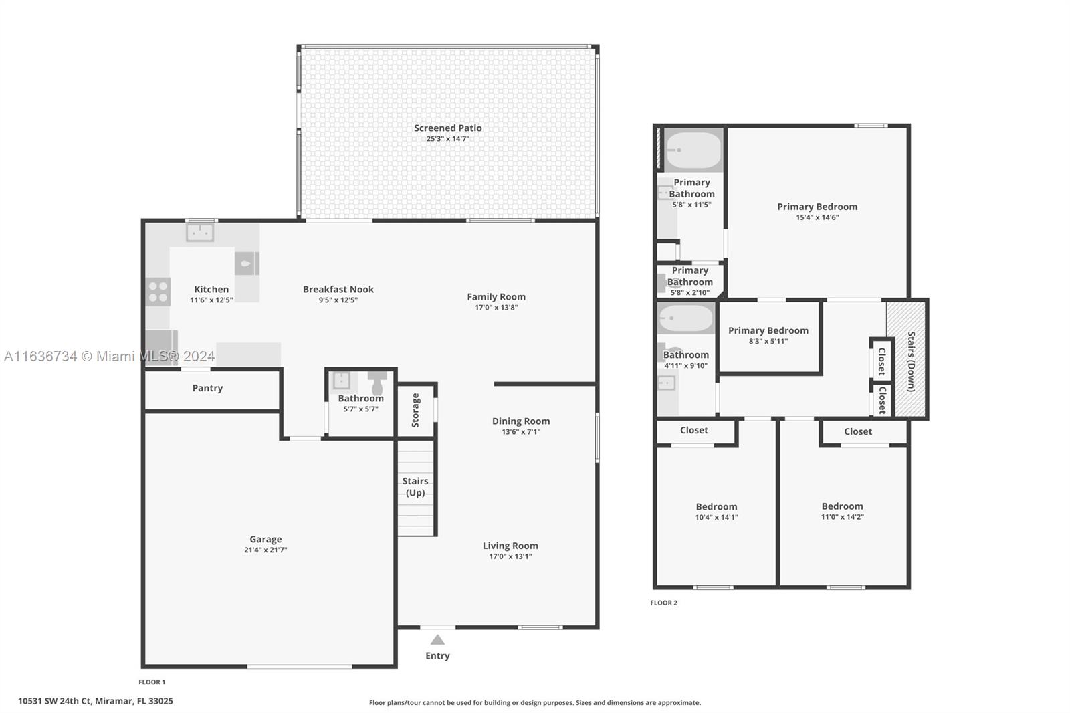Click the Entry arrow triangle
pyautogui.click(x=437, y=640)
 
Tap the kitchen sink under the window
pyautogui.click(x=200, y=233)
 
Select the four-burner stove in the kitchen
pyautogui.click(x=158, y=292)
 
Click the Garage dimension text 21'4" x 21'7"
pyautogui.click(x=265, y=550)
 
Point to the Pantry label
pyautogui.click(x=207, y=387)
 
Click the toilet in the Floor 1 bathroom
pyautogui.click(x=377, y=382)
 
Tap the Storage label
pyautogui.click(x=415, y=410)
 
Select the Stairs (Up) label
pyautogui.click(x=415, y=486)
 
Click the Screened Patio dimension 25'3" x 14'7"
pyautogui.click(x=448, y=139)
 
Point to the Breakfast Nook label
pyautogui.click(x=338, y=289)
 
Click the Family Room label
pyautogui.click(x=496, y=297)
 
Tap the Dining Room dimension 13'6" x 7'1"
pyautogui.click(x=521, y=432)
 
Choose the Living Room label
pyautogui.click(x=510, y=546)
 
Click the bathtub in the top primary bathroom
pyautogui.click(x=693, y=150)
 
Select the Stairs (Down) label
pyautogui.click(x=912, y=361)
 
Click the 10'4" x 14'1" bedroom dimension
pyautogui.click(x=716, y=517)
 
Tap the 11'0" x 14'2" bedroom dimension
pyautogui.click(x=842, y=516)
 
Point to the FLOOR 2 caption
pyautogui.click(x=663, y=603)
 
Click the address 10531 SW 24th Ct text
pyautogui.click(x=54, y=701)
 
